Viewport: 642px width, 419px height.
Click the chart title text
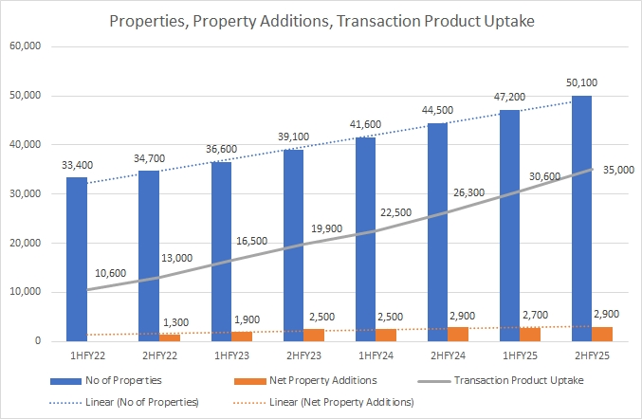coord(321,20)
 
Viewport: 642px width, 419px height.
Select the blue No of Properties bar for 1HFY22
coord(77,258)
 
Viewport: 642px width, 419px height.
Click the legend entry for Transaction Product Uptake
coord(518,380)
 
